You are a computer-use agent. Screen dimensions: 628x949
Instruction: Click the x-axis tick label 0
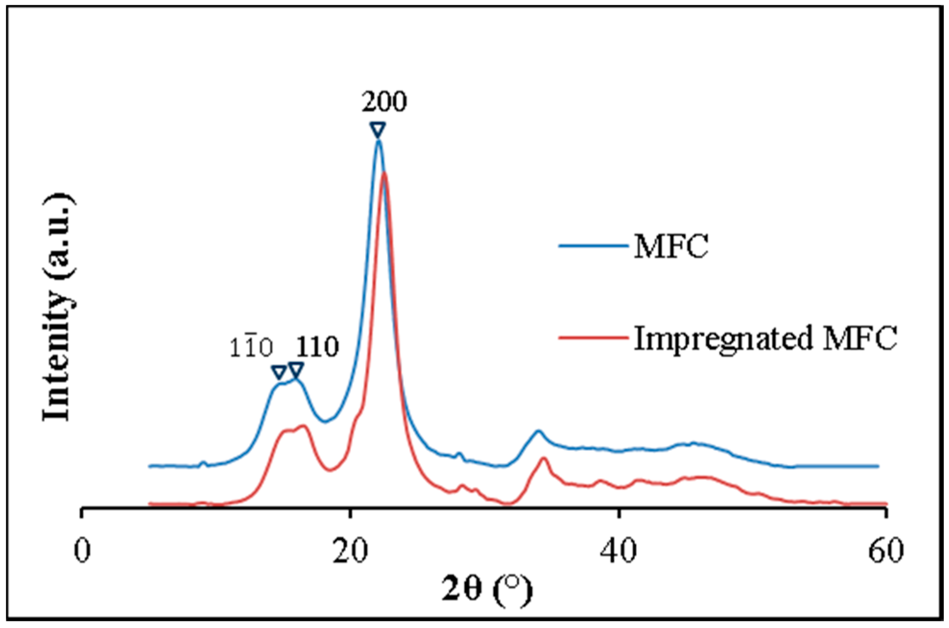tap(82, 551)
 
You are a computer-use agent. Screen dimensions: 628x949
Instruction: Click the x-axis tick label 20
tap(350, 551)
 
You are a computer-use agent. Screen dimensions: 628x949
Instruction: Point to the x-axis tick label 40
tap(619, 551)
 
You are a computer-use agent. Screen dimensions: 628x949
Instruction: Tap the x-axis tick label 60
tap(886, 551)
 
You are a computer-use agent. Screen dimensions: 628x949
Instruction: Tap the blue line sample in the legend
tap(593, 246)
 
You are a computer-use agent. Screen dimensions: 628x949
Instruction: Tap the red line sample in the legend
tap(593, 338)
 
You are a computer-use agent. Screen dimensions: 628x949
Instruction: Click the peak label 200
tap(384, 102)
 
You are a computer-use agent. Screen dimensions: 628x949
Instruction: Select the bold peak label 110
tap(317, 347)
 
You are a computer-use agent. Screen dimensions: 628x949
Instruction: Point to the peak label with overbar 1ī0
tap(251, 348)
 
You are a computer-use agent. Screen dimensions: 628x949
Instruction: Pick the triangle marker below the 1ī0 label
tap(279, 372)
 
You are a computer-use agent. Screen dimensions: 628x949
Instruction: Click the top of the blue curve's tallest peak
tap(378, 141)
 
